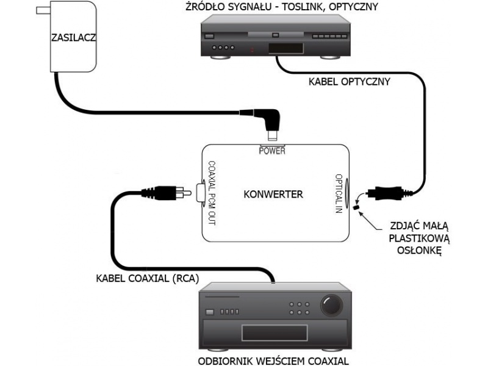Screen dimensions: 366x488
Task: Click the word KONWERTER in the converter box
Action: coord(273,195)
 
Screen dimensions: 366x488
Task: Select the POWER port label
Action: coord(271,151)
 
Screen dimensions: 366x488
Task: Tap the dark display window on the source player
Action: coord(286,48)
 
